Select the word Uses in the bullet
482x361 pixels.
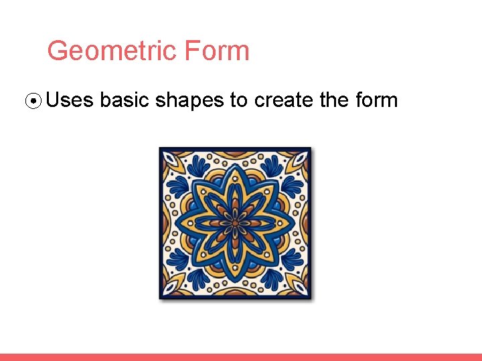[x=70, y=100]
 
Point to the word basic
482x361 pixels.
[x=125, y=100]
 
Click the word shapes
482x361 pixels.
[x=190, y=101]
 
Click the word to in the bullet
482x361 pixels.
[x=238, y=100]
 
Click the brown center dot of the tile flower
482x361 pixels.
[x=235, y=223]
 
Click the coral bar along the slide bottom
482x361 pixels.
[x=241, y=357]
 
